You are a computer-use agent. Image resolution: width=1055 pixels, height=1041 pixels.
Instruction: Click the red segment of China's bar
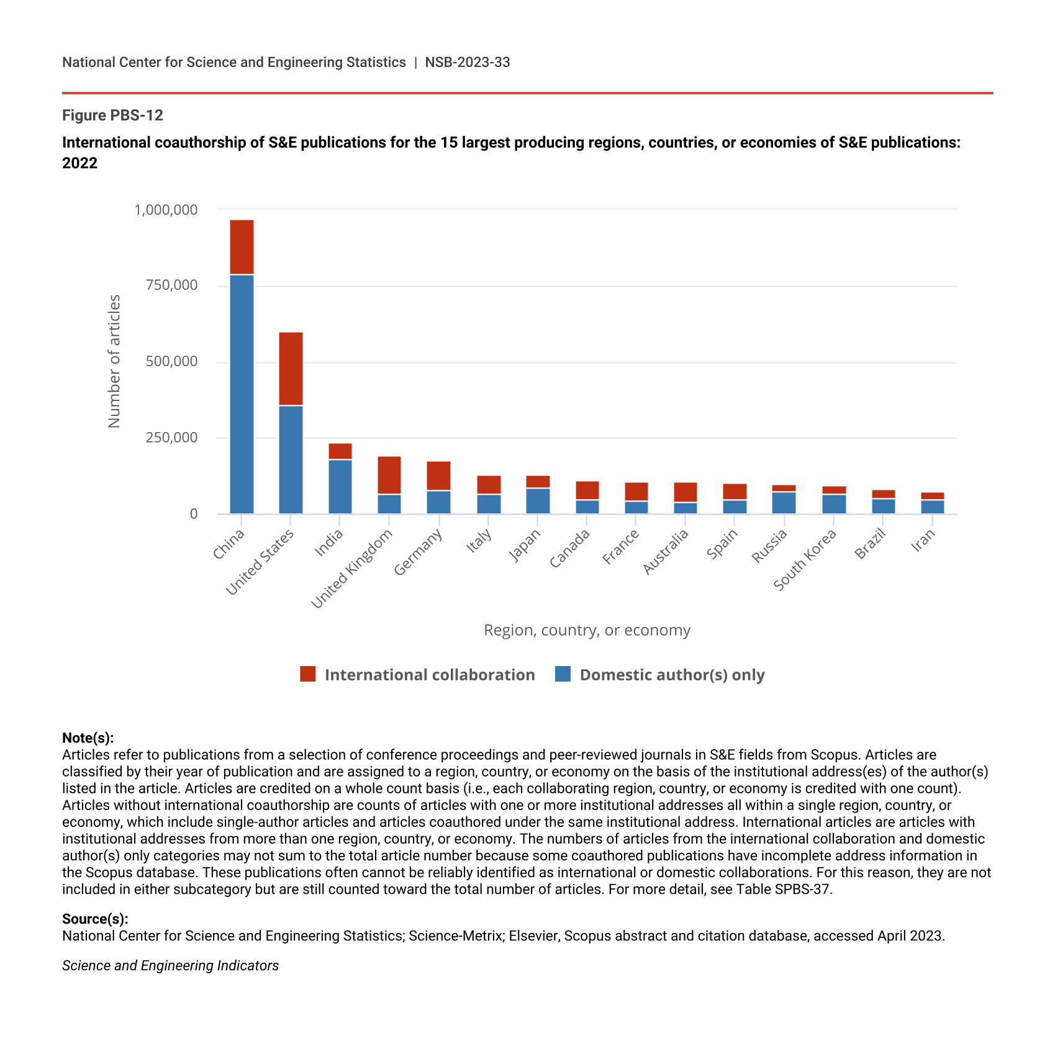(x=242, y=247)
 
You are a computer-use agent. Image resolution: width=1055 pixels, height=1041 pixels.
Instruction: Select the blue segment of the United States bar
(x=291, y=459)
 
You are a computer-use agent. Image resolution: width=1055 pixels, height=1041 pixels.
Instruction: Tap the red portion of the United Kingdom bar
(x=389, y=475)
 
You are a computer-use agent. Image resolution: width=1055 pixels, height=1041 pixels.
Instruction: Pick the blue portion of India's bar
(x=340, y=487)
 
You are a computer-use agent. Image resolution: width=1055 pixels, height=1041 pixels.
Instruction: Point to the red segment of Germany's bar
(x=438, y=476)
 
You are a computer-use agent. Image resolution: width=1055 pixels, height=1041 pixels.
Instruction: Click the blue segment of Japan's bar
(x=538, y=501)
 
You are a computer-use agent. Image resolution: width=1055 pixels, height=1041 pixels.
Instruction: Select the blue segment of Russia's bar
(x=784, y=503)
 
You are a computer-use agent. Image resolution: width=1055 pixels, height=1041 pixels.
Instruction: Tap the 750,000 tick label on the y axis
(x=171, y=286)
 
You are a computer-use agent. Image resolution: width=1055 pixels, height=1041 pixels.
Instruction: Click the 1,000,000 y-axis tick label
(x=166, y=210)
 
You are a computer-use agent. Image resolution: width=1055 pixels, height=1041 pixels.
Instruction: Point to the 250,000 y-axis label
(x=171, y=438)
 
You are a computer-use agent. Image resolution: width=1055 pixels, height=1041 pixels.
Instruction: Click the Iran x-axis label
(x=923, y=541)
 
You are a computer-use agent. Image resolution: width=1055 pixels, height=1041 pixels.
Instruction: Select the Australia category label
(x=666, y=552)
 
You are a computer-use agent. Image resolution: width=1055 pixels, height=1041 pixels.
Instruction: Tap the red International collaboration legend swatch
(x=307, y=674)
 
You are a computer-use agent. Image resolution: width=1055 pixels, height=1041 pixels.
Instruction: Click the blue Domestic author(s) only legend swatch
(x=563, y=674)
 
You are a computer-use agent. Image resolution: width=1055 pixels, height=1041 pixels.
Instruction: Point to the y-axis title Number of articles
(x=114, y=361)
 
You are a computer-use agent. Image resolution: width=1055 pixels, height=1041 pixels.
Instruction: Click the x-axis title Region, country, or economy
(x=587, y=630)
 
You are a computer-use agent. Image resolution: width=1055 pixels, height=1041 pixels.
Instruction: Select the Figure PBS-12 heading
(x=112, y=115)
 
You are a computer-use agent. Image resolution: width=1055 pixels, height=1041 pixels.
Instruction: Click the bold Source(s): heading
(x=95, y=919)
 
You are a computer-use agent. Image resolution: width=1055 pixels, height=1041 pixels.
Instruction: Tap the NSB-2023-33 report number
(x=468, y=62)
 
